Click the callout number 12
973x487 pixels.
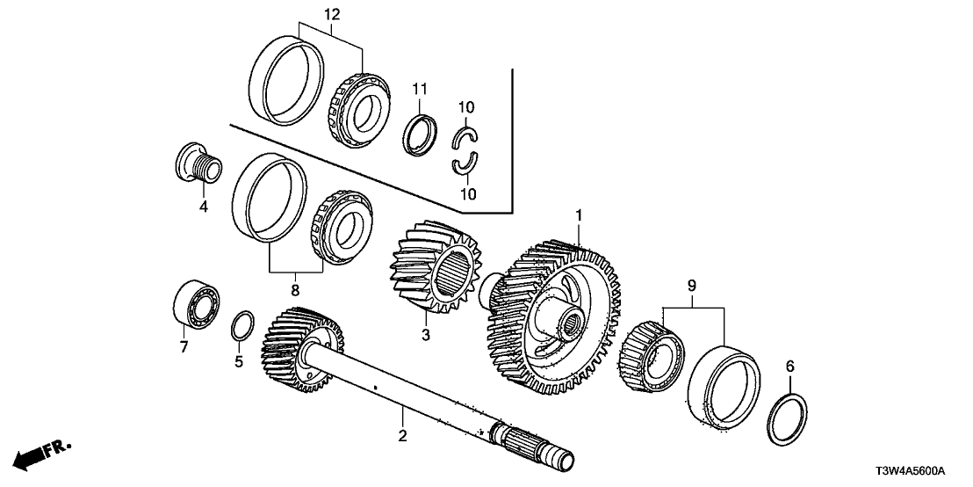tap(332, 14)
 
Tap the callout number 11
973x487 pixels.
tap(420, 88)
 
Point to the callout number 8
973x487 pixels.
tap(295, 288)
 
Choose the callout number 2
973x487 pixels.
tap(401, 435)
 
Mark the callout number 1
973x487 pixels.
tap(579, 214)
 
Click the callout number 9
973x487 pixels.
tap(692, 285)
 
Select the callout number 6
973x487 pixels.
tap(789, 365)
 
